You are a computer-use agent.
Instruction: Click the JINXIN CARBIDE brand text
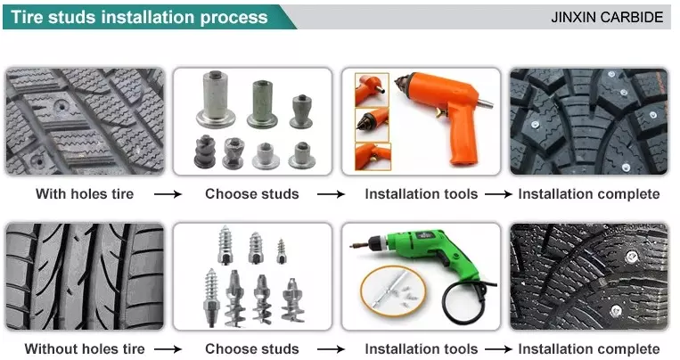(607, 17)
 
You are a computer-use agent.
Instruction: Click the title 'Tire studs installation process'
(139, 17)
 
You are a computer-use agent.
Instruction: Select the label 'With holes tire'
(85, 194)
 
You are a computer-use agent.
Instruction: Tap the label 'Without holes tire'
(85, 348)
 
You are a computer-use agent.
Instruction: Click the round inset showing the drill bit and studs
(393, 291)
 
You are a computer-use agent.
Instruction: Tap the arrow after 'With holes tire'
(168, 194)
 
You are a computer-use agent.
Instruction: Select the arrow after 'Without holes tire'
(168, 349)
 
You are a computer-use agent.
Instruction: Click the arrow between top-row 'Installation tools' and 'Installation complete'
(499, 194)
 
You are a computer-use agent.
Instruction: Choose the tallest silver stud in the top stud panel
(216, 99)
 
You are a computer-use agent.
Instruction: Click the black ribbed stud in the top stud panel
(205, 151)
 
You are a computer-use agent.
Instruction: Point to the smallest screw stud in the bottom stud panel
(282, 251)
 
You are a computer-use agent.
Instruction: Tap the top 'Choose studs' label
(252, 194)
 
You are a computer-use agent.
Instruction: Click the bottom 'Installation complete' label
(589, 348)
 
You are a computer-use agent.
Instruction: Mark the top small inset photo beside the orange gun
(373, 90)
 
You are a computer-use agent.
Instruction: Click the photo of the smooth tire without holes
(85, 276)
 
